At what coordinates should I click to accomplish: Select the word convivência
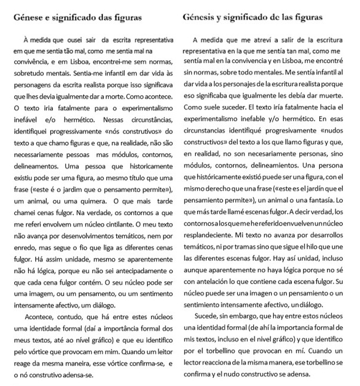[x=31, y=61]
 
